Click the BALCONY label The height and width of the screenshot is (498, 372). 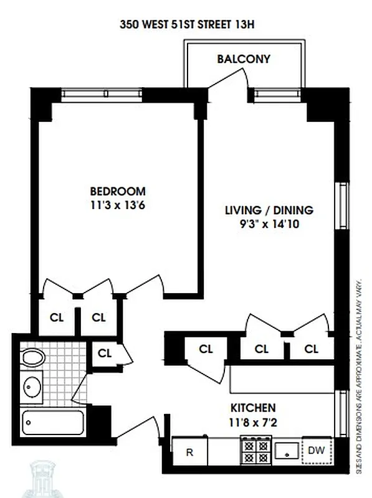[x=244, y=60]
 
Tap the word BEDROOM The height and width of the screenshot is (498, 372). [x=118, y=192]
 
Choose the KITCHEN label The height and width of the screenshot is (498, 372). [x=253, y=408]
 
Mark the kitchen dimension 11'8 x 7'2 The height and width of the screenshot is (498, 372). [x=253, y=422]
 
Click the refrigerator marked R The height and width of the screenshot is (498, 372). [x=189, y=452]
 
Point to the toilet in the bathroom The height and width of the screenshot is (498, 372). [x=32, y=359]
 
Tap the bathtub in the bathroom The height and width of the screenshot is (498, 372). [x=52, y=423]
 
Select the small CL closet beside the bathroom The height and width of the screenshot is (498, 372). [x=104, y=353]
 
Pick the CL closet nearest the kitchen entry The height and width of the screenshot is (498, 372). [x=206, y=349]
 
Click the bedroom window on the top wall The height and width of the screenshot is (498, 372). [x=102, y=94]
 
